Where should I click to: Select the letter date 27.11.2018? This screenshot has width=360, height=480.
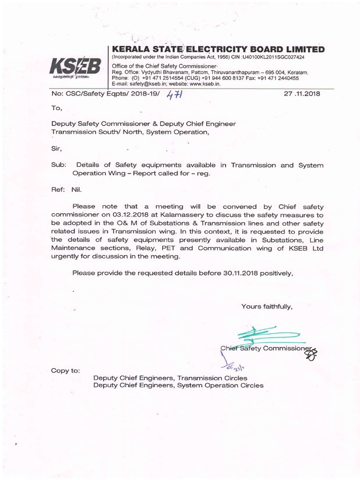click(x=302, y=94)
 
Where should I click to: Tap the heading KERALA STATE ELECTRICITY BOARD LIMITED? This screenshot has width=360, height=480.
click(x=216, y=49)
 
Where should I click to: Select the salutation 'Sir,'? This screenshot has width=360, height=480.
click(x=57, y=148)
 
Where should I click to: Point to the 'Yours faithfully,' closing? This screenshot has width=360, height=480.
click(x=267, y=307)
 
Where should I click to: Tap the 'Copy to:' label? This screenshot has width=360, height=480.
click(x=65, y=371)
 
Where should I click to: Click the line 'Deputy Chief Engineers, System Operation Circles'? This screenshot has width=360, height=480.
click(x=178, y=386)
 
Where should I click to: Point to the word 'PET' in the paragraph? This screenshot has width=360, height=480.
click(x=180, y=248)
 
